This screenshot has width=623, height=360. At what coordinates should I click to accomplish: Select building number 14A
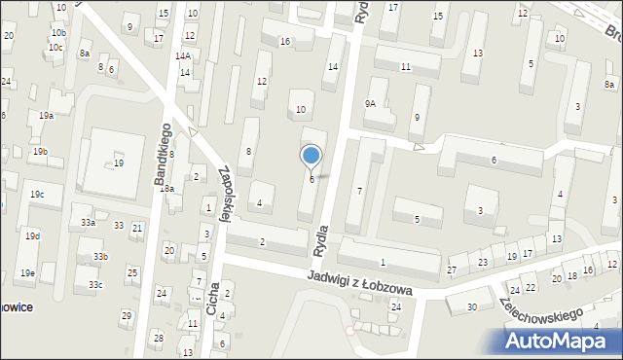[x=183, y=56]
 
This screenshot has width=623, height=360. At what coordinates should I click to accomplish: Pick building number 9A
[x=370, y=104]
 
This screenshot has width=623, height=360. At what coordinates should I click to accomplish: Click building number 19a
[x=46, y=116]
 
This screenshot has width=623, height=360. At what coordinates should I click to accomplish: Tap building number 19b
[x=39, y=152]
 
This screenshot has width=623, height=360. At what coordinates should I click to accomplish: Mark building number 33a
[x=89, y=223]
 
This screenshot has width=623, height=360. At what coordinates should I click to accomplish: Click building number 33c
[x=94, y=285]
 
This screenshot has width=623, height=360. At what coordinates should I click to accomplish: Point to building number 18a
[x=167, y=189]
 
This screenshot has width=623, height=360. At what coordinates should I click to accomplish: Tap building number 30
[x=472, y=307]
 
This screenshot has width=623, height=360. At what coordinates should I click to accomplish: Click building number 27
[x=452, y=270]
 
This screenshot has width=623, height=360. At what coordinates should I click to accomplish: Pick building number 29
[x=126, y=315]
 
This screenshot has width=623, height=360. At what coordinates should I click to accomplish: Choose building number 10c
[x=55, y=47]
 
